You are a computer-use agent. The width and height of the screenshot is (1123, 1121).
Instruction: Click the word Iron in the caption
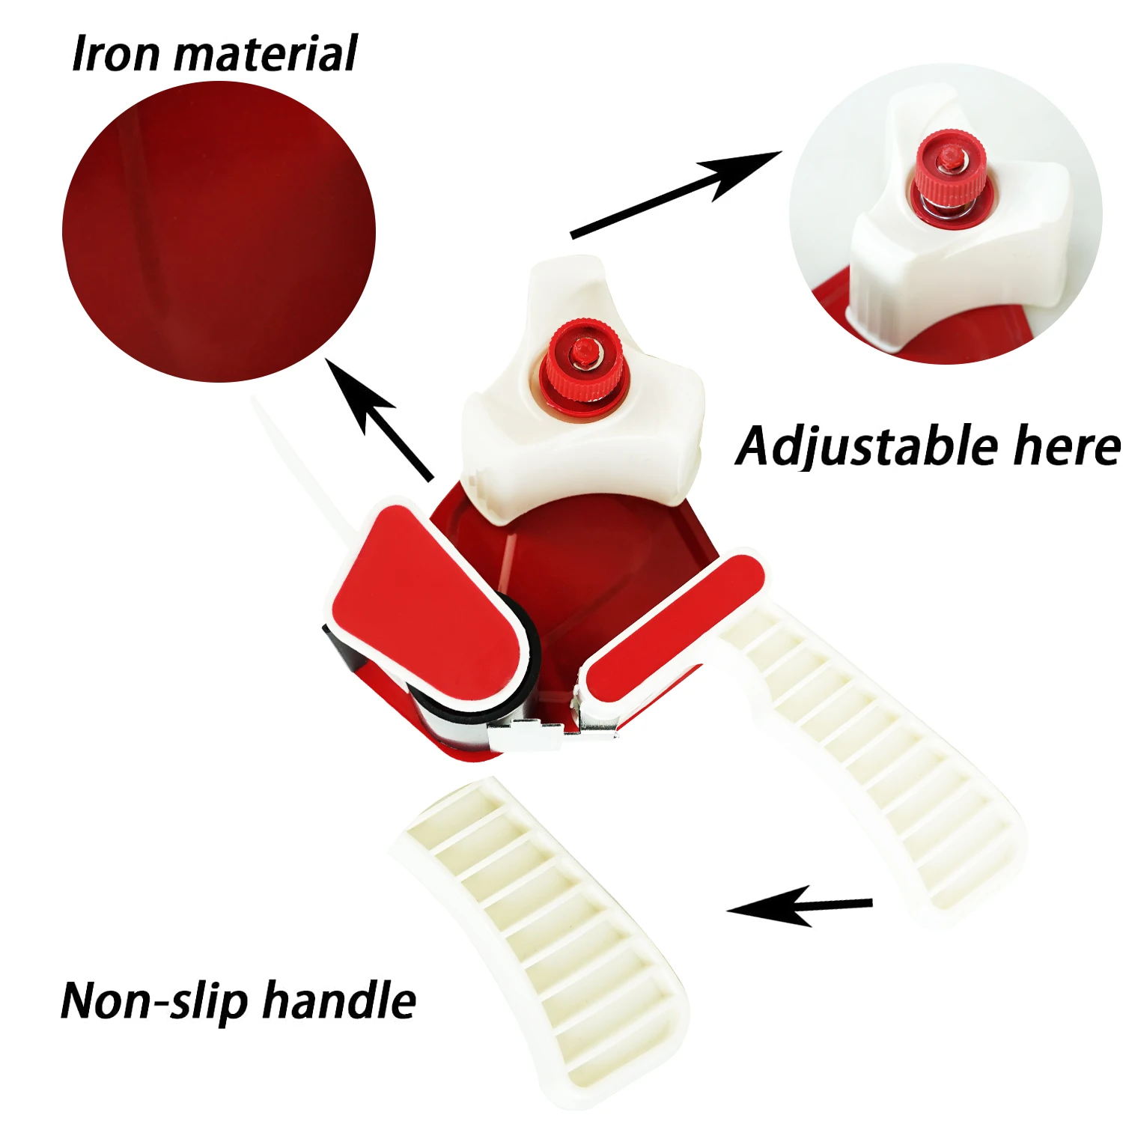(115, 54)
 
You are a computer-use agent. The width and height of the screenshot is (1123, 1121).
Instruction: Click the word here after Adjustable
(1066, 447)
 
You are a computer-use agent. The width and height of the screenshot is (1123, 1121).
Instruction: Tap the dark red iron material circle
(218, 232)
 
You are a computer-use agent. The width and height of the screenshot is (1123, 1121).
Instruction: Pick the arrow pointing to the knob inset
(674, 195)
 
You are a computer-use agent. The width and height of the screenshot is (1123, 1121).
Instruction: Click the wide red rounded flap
(427, 599)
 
